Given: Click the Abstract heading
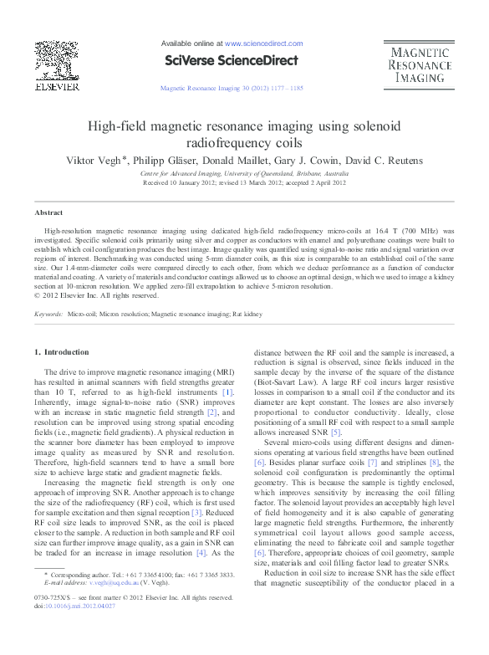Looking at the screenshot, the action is point(48,213).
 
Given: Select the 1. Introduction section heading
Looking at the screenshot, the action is point(65,352).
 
